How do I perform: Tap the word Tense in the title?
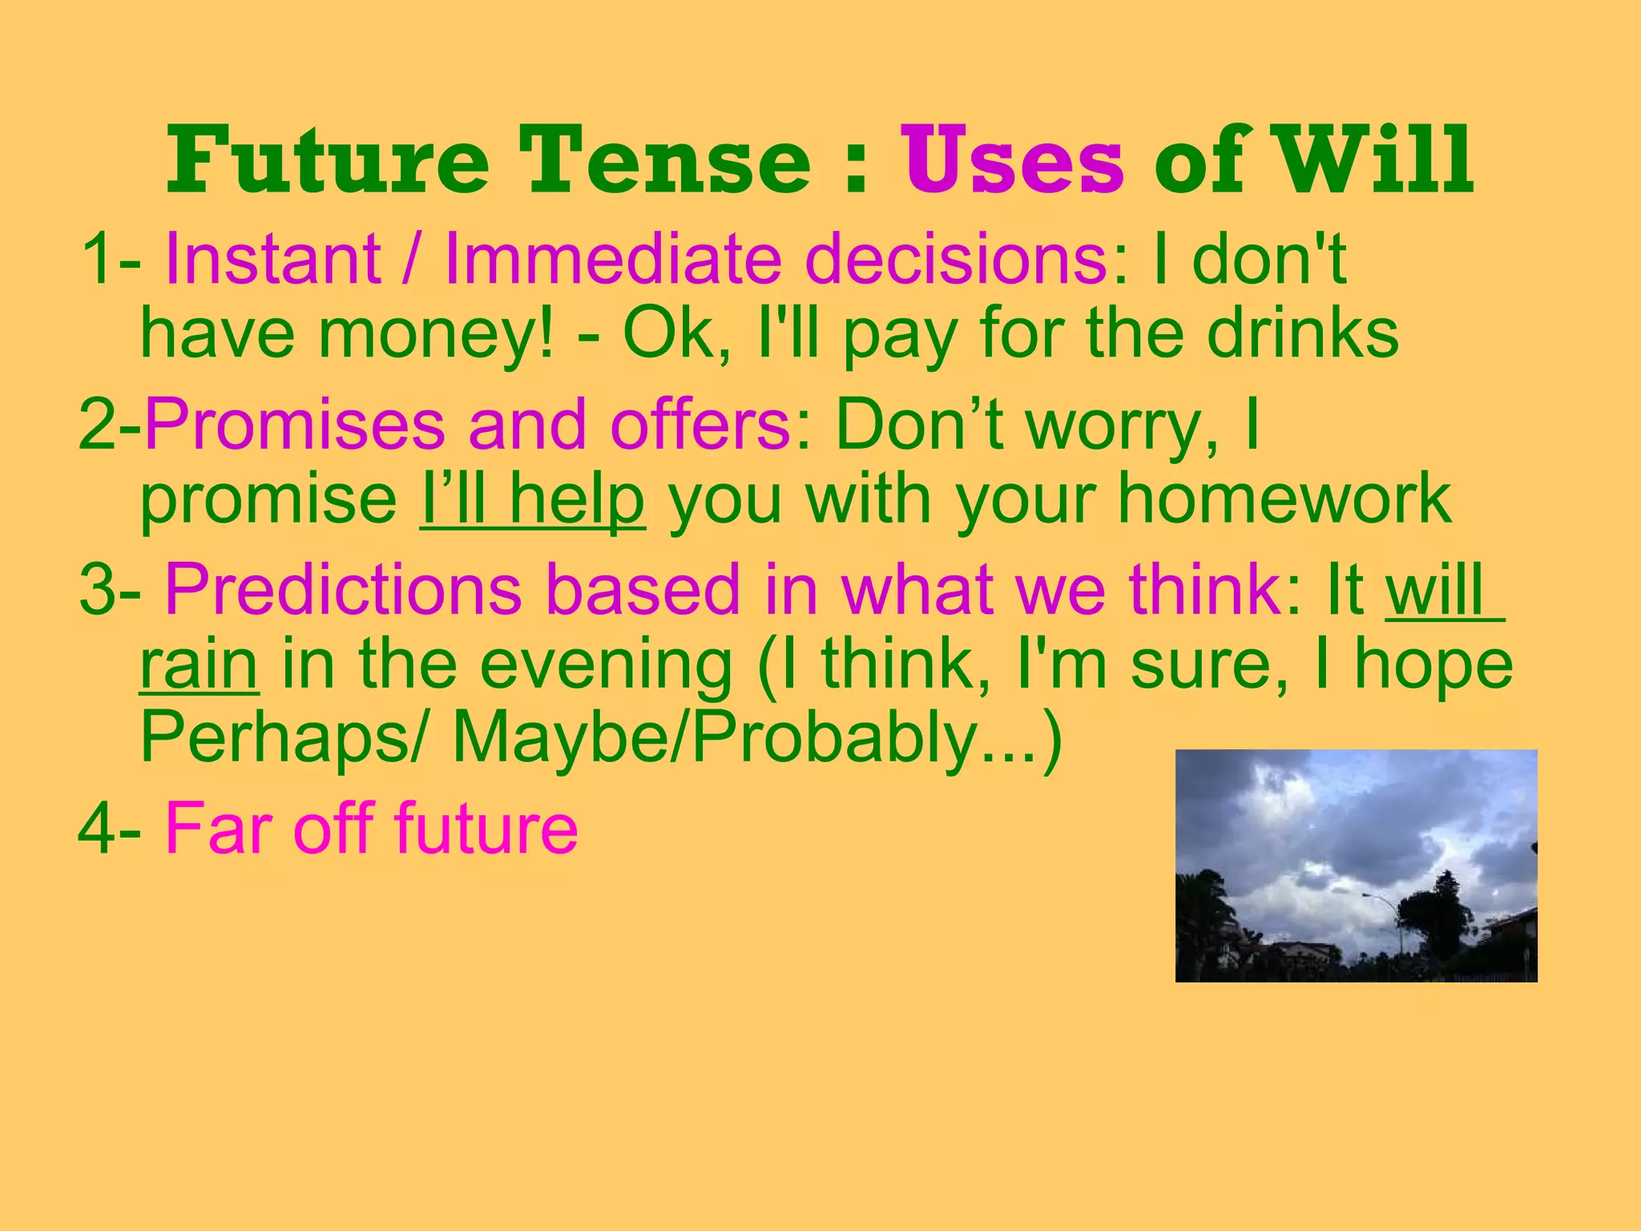[x=664, y=163]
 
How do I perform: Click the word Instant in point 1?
[x=272, y=259]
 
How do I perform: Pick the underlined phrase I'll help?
[x=532, y=500]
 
